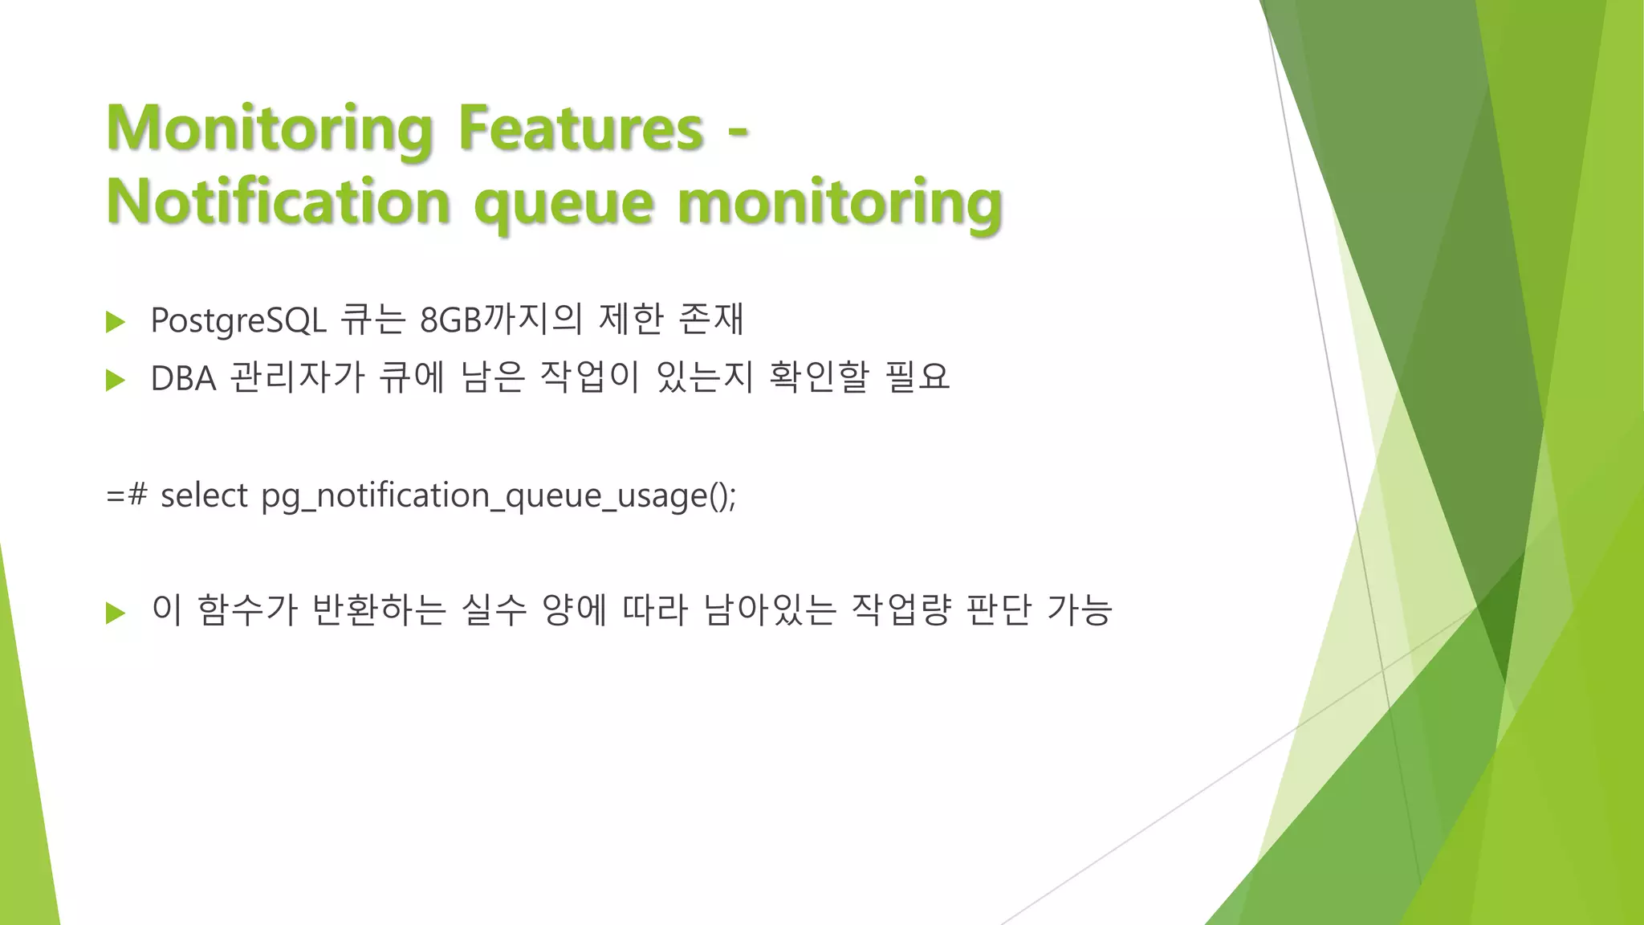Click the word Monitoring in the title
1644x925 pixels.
270,128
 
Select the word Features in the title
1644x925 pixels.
580,128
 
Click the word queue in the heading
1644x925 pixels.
564,202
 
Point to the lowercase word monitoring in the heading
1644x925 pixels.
840,202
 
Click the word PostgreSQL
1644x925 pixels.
238,320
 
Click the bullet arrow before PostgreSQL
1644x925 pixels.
116,322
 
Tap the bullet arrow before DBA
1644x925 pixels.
116,380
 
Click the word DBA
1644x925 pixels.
183,378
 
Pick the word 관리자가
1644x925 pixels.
297,377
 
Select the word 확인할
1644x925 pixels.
819,377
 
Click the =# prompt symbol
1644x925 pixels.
126,495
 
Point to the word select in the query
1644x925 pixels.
204,495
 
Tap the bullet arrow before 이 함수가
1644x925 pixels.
116,613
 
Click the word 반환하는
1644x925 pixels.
378,610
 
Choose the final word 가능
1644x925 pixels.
1080,610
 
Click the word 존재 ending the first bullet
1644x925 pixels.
711,320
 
